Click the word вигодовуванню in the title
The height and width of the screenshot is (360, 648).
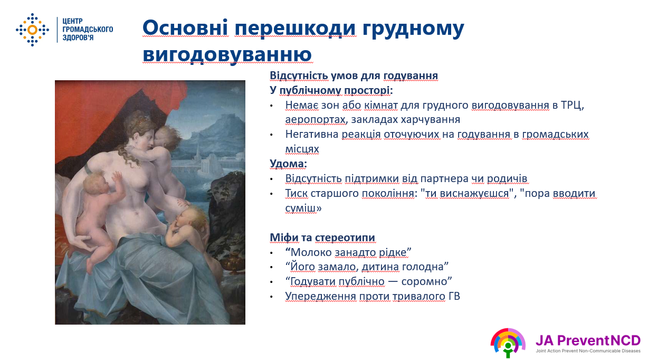tap(227, 54)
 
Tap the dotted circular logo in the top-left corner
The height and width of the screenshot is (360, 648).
tap(32, 30)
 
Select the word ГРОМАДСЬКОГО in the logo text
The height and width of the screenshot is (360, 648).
tap(88, 29)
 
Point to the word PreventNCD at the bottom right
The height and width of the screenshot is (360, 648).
tap(599, 340)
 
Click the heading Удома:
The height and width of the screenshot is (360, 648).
tap(288, 164)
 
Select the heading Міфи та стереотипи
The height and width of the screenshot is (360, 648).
tap(322, 238)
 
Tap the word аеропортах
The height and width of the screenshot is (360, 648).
tap(316, 119)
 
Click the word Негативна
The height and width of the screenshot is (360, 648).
tap(311, 134)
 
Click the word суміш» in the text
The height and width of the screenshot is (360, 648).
tap(303, 208)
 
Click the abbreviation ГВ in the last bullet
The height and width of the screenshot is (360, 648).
tap(454, 296)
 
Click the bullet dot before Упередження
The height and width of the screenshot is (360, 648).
tap(271, 297)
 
